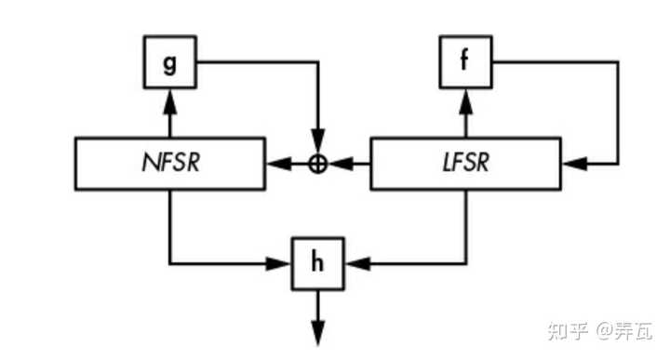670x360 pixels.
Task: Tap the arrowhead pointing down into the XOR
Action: pos(318,140)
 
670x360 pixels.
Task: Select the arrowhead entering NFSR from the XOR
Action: pos(278,164)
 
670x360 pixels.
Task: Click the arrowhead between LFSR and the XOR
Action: pos(341,164)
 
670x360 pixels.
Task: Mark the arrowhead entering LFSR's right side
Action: pos(575,164)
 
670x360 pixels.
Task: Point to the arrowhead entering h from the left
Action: pos(278,263)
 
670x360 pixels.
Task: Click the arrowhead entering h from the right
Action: pos(357,263)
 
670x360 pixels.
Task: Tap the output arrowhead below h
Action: pos(318,333)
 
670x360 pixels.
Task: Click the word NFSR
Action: pos(171,163)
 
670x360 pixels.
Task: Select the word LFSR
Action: pos(466,163)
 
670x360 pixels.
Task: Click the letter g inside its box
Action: pos(170,63)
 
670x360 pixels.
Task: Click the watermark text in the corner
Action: pos(600,331)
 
